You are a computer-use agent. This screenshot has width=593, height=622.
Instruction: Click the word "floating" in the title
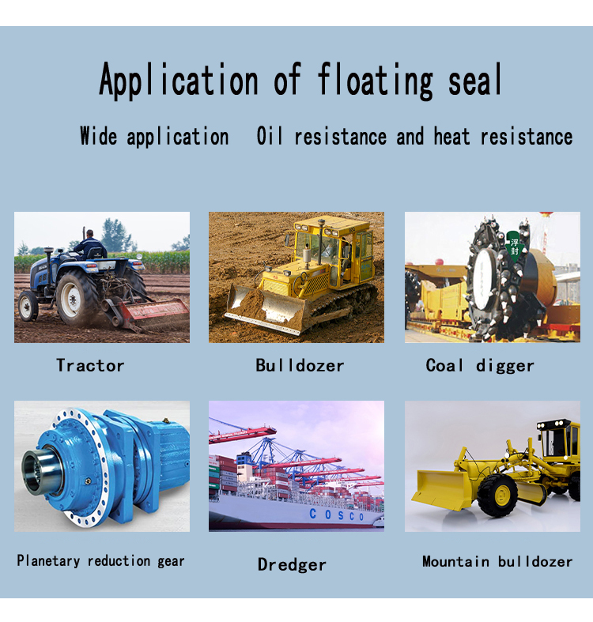point(376,81)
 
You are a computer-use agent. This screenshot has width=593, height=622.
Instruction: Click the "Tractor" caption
point(90,365)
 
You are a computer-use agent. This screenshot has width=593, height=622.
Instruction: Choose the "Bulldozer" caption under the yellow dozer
point(300,365)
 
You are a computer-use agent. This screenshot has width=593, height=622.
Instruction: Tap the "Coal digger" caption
point(480,365)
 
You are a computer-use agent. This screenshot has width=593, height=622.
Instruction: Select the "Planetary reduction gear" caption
point(100,561)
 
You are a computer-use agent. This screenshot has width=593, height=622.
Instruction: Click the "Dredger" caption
point(292,564)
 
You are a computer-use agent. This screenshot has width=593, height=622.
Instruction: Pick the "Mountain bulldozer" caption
point(497,562)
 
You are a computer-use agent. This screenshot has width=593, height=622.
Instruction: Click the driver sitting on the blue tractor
point(90,243)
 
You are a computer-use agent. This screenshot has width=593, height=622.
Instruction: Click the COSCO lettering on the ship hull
point(336,515)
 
